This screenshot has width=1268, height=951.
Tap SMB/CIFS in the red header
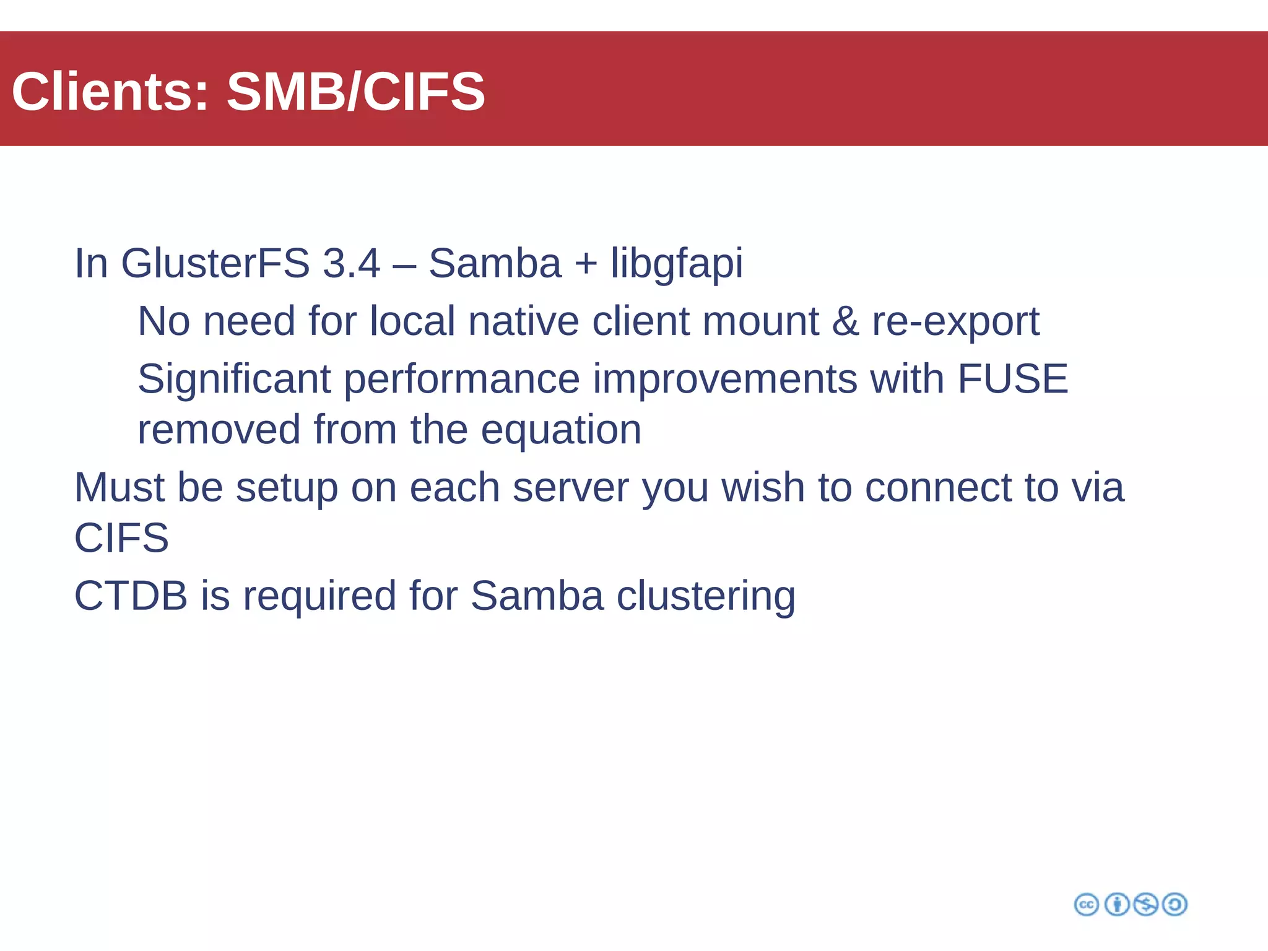pos(355,92)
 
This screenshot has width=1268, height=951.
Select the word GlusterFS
pos(215,263)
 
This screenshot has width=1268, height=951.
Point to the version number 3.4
pos(351,263)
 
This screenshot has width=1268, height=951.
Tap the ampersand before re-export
pos(845,321)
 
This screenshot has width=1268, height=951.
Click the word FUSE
pos(1012,379)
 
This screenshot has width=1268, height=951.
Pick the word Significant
pos(234,379)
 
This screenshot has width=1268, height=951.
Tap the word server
pos(570,488)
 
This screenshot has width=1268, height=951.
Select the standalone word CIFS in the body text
pos(121,537)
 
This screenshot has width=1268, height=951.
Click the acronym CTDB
pos(131,596)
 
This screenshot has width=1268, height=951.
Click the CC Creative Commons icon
pos(1086,905)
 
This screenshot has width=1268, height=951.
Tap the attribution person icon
pos(1117,905)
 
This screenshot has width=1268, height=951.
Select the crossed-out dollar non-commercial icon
pos(1146,905)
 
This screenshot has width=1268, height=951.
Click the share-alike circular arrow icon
pos(1175,905)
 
